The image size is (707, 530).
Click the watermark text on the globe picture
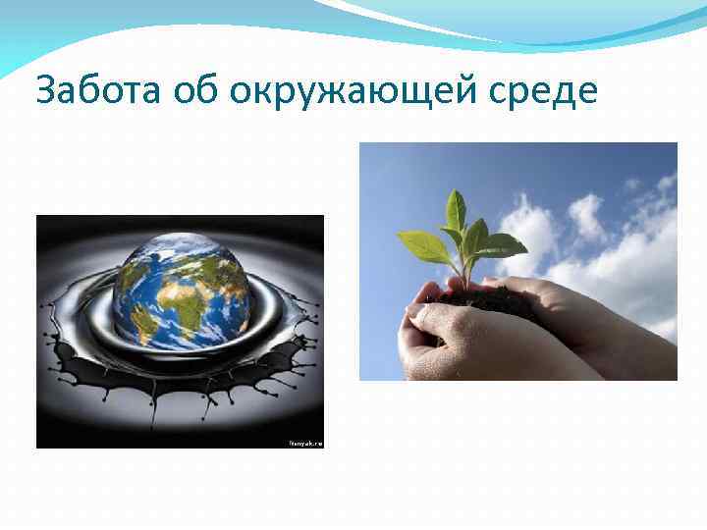click(x=303, y=443)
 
